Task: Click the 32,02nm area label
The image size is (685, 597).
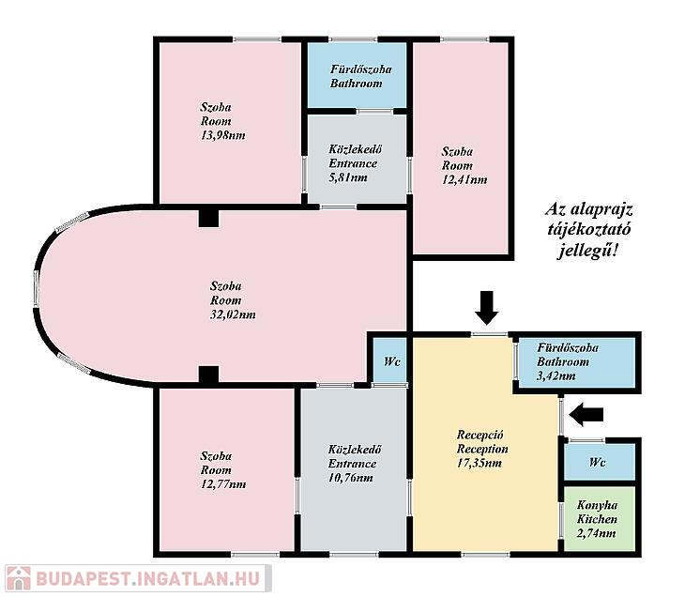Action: [x=233, y=314]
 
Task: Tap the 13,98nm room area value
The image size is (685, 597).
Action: [x=222, y=135]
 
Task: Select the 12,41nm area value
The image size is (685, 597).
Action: [x=464, y=179]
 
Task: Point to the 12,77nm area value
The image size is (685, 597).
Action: [x=223, y=484]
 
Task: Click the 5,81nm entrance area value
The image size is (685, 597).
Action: [x=348, y=177]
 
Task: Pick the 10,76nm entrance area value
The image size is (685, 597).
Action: [x=351, y=478]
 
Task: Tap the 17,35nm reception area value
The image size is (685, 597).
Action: [x=479, y=463]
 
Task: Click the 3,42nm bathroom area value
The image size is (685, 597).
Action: [x=556, y=375]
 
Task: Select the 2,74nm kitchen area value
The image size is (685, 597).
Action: [x=596, y=533]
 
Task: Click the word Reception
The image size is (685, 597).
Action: [x=482, y=449]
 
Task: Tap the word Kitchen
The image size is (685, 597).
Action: [x=597, y=519]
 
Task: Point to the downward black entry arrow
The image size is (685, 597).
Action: [x=486, y=308]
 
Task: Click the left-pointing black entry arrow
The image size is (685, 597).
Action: [x=586, y=414]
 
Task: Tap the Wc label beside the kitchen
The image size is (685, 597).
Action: [x=597, y=462]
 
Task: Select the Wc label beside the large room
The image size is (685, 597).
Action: [x=392, y=361]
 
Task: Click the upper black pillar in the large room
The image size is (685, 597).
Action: [x=208, y=218]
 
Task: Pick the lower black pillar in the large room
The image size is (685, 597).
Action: [x=208, y=375]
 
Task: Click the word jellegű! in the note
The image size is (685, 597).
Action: [x=588, y=251]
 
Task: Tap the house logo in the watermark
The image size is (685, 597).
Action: [x=19, y=578]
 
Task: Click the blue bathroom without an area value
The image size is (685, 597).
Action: [x=358, y=75]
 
